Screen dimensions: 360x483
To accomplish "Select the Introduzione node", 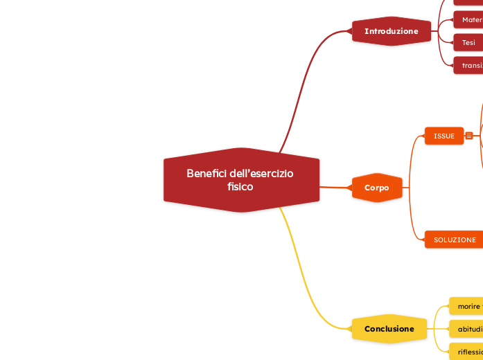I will [392, 31].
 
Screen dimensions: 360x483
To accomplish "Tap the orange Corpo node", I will [377, 188].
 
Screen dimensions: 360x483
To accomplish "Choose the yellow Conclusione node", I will [389, 329].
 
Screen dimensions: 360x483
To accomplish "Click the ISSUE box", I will [444, 136].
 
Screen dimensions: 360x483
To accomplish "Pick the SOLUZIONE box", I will [455, 240].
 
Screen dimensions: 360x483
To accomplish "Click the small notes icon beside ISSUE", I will [469, 136].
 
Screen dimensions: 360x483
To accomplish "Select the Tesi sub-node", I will [468, 43].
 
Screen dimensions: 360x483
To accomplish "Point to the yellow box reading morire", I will [467, 305].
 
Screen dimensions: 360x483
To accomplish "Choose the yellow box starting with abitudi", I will [467, 329].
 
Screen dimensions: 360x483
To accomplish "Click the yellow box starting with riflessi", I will [467, 352].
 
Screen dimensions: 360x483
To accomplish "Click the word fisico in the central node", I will [240, 187].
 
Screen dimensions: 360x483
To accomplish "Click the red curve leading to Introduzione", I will [305, 83].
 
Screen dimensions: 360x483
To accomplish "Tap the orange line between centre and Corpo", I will [335, 187].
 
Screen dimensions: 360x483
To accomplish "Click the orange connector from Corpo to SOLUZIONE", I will [411, 222].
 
